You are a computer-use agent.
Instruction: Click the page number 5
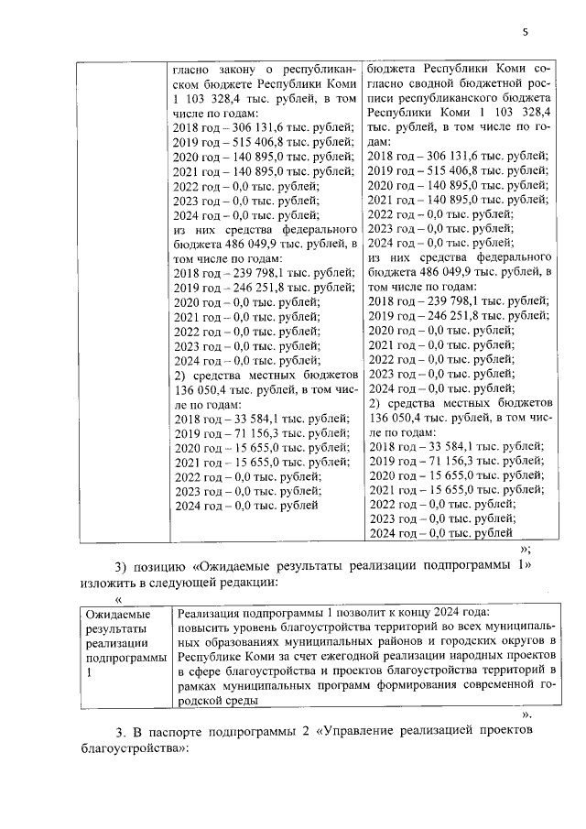coord(526,32)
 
